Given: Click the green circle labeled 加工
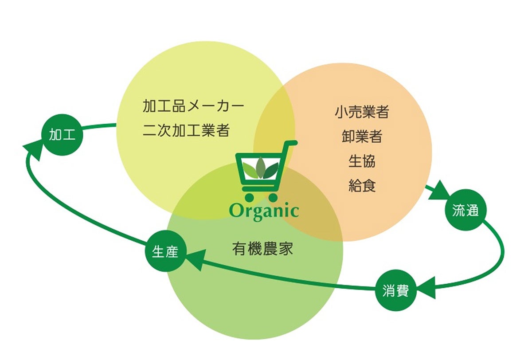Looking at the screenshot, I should pos(59,136).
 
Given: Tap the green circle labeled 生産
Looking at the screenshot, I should pos(165,252).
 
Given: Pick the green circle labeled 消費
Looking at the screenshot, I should pos(395,291).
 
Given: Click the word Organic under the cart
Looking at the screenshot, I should pos(264,211).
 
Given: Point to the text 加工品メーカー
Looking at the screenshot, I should pos(193,106).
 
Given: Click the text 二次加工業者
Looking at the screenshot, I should pos(186,130).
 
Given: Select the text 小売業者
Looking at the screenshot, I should pos(362,112).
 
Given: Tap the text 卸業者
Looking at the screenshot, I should pos(362,136).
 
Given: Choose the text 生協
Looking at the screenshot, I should pos(362,160).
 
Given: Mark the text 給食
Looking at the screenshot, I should pos(362,185).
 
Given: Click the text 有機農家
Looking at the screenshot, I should pos(262,249).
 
